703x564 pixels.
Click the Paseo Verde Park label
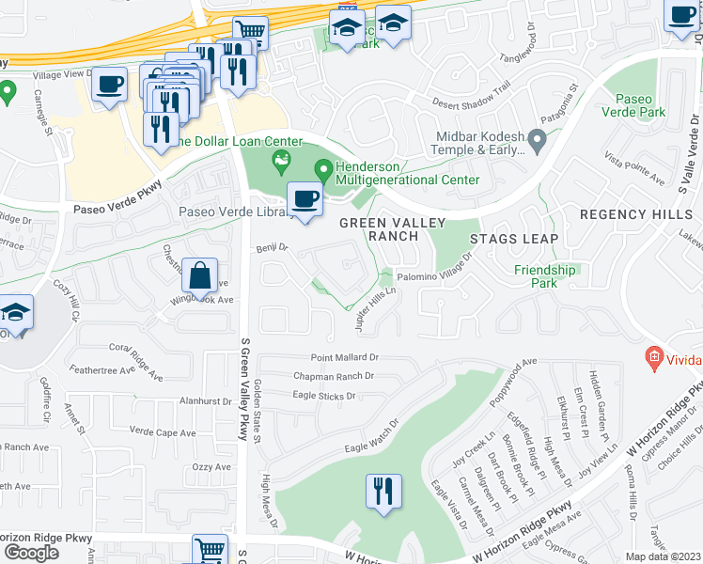click(x=640, y=105)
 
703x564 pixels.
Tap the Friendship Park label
click(x=544, y=276)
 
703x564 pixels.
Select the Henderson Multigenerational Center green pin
click(x=324, y=170)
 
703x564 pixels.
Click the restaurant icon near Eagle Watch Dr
click(x=383, y=493)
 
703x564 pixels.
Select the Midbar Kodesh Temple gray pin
click(x=538, y=141)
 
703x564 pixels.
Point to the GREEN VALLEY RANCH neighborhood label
click(x=378, y=228)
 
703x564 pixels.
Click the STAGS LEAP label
click(x=514, y=239)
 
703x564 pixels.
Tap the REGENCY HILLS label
click(x=635, y=214)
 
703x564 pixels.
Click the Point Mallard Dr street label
click(x=345, y=358)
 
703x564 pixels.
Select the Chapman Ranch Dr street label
click(x=334, y=376)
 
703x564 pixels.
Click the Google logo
click(x=31, y=552)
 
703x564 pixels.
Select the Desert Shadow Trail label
click(x=471, y=101)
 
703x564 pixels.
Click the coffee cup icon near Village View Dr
click(x=109, y=85)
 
